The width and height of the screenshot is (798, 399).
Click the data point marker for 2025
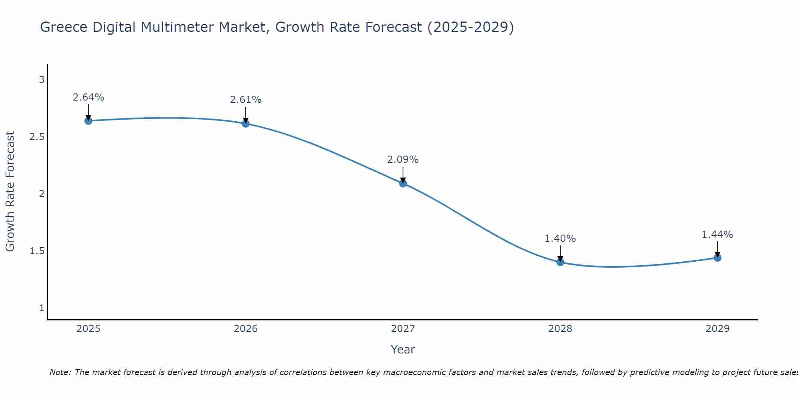88,121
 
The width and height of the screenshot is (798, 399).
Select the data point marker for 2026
245,124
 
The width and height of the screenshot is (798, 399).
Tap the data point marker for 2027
403,184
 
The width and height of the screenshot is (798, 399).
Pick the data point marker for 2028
560,262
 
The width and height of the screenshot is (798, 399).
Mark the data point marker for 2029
717,258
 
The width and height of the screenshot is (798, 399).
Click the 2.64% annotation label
88,97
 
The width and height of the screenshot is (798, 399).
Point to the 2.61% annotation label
245,100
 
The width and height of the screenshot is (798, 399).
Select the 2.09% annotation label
403,160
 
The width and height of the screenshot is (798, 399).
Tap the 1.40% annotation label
560,239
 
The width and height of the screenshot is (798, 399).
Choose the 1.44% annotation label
717,235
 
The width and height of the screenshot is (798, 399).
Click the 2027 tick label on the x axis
403,329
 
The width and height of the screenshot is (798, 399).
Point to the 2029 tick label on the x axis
717,329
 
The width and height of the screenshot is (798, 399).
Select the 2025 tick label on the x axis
88,329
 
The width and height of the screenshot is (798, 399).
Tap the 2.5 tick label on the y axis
37,137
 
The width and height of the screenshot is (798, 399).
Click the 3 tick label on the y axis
41,80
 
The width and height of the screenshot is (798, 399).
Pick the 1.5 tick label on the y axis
37,251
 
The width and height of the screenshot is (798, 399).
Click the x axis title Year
403,350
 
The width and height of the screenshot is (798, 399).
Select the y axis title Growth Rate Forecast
10,192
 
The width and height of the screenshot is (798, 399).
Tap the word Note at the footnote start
60,372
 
